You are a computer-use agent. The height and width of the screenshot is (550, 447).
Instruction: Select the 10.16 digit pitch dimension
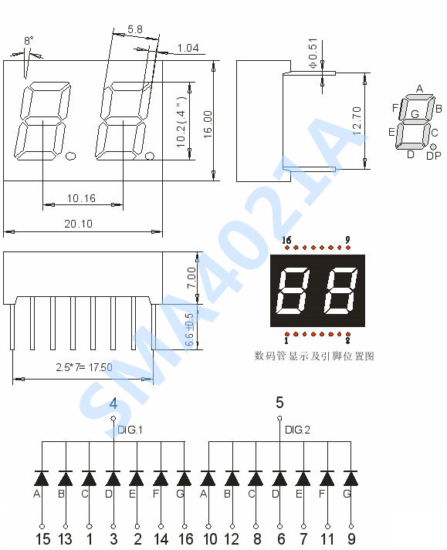[81, 198]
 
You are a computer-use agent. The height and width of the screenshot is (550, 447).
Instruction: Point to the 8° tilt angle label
[29, 39]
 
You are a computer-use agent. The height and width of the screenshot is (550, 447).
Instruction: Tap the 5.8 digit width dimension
[134, 29]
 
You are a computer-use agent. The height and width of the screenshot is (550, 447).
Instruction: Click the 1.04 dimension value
[188, 48]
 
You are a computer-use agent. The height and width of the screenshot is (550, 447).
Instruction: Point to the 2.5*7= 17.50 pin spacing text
[83, 367]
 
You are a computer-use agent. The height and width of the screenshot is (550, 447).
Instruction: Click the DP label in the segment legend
[433, 156]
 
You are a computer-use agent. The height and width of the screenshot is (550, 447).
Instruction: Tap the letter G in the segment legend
[415, 114]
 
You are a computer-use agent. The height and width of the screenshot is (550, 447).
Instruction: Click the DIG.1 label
[130, 430]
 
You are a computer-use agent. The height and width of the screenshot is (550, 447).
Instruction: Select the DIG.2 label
[297, 430]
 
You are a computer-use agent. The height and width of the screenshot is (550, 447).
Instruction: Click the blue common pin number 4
[113, 403]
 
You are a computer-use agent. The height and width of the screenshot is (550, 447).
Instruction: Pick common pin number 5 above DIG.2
[279, 402]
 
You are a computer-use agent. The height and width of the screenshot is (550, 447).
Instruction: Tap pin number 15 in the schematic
[42, 538]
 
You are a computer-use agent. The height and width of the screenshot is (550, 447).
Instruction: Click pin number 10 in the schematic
[209, 538]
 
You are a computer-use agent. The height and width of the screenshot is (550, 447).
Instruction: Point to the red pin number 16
[286, 240]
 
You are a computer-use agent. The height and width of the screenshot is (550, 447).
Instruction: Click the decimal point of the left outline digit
[70, 157]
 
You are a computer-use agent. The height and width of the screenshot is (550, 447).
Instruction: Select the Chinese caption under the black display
[314, 356]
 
